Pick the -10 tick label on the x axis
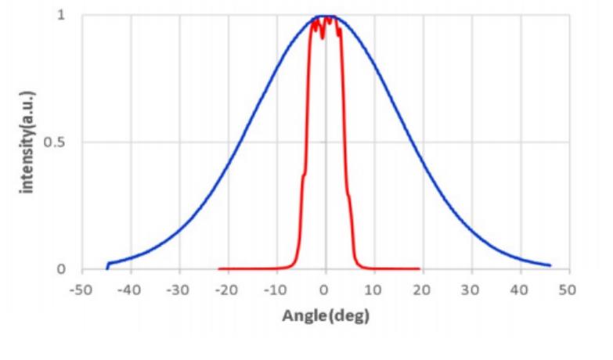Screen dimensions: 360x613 276,290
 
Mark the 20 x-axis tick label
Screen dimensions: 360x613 422,290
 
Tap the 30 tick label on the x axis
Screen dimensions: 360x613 471,290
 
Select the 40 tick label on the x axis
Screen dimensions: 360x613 519,290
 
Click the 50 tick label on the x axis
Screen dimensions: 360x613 568,290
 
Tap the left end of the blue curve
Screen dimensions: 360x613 107,268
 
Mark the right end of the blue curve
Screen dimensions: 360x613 550,265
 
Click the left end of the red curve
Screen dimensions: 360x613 219,269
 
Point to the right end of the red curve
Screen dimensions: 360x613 420,269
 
